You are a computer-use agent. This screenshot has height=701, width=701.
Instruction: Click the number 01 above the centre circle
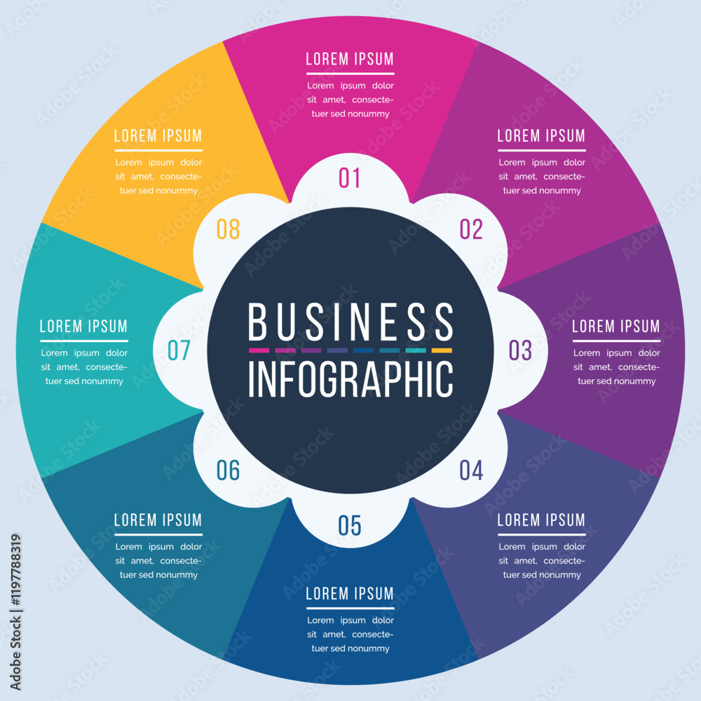(349, 178)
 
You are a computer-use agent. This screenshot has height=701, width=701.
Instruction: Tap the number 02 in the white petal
(471, 229)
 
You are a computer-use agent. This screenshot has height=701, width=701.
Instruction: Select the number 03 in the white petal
(520, 350)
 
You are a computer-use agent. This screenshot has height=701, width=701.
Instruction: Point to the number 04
(471, 470)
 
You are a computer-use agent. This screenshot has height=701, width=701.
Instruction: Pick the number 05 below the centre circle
(349, 525)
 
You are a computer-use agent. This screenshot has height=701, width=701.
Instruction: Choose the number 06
(228, 470)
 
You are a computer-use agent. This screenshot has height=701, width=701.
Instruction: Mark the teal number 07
(179, 350)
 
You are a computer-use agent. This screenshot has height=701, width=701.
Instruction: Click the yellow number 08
(228, 229)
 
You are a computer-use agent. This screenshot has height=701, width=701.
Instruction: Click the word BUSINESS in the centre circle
(350, 322)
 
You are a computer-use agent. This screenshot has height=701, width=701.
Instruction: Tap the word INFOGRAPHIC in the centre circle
(350, 379)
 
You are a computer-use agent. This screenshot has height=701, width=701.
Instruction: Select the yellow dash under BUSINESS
(442, 350)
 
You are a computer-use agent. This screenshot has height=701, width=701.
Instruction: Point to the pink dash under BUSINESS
(259, 350)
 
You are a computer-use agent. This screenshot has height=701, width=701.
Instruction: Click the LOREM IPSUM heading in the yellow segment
(158, 135)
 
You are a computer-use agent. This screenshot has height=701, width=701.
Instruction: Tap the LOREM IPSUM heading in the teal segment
(83, 326)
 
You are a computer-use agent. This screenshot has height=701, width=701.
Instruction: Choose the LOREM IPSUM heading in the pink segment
(350, 59)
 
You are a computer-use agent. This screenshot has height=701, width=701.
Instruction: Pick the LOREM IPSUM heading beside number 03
(616, 326)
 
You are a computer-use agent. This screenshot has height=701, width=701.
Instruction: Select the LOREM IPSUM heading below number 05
(350, 593)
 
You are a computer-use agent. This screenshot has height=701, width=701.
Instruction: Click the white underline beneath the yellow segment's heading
(158, 150)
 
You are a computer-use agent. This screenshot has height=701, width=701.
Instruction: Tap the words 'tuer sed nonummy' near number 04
(542, 575)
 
